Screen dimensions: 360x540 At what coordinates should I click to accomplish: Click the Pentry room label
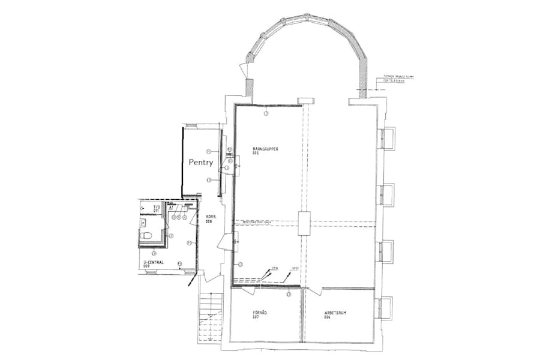[x=201, y=162]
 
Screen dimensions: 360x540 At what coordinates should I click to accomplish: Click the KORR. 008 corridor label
[x=210, y=218]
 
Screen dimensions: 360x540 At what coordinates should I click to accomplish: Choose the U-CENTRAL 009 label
[x=153, y=263]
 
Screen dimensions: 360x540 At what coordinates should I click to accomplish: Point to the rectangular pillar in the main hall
[x=304, y=223]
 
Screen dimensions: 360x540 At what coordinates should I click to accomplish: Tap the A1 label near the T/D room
[x=170, y=206]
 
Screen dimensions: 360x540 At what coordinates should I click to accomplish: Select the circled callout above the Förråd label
[x=289, y=293]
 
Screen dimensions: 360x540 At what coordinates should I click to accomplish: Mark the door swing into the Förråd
[x=248, y=292]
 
